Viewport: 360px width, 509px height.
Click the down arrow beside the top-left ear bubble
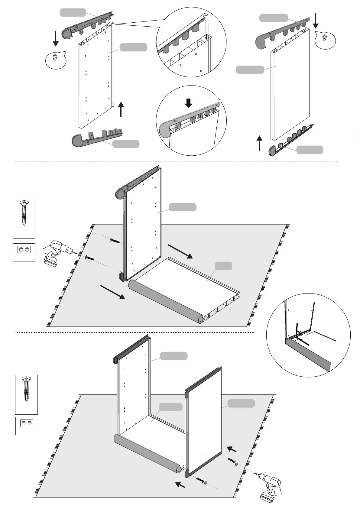point(56,38)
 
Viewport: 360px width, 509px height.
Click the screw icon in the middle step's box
point(24,213)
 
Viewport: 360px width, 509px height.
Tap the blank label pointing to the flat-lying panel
point(224,266)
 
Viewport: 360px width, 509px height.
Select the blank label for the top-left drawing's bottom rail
point(126,144)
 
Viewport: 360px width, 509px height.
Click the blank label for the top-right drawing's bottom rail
point(310,150)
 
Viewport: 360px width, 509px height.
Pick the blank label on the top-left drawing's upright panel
point(133,47)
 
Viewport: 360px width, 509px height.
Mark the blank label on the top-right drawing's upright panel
point(250,70)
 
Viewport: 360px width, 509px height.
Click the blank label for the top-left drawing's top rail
point(73,12)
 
